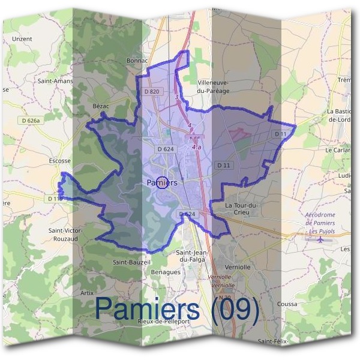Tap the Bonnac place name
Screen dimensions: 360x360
(x=137, y=61)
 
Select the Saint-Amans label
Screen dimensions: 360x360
(x=55, y=81)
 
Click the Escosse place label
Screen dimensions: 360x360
(x=59, y=161)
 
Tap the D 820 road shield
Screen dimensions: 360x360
(x=153, y=91)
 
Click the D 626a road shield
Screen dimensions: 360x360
(x=28, y=121)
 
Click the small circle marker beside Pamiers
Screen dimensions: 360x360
(x=161, y=183)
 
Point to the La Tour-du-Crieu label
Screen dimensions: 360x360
(x=241, y=209)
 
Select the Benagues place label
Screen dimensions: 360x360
(x=164, y=272)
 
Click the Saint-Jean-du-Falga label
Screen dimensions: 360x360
(x=191, y=256)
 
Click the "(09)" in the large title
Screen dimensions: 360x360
(x=230, y=310)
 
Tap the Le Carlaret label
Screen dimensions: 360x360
(x=337, y=149)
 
